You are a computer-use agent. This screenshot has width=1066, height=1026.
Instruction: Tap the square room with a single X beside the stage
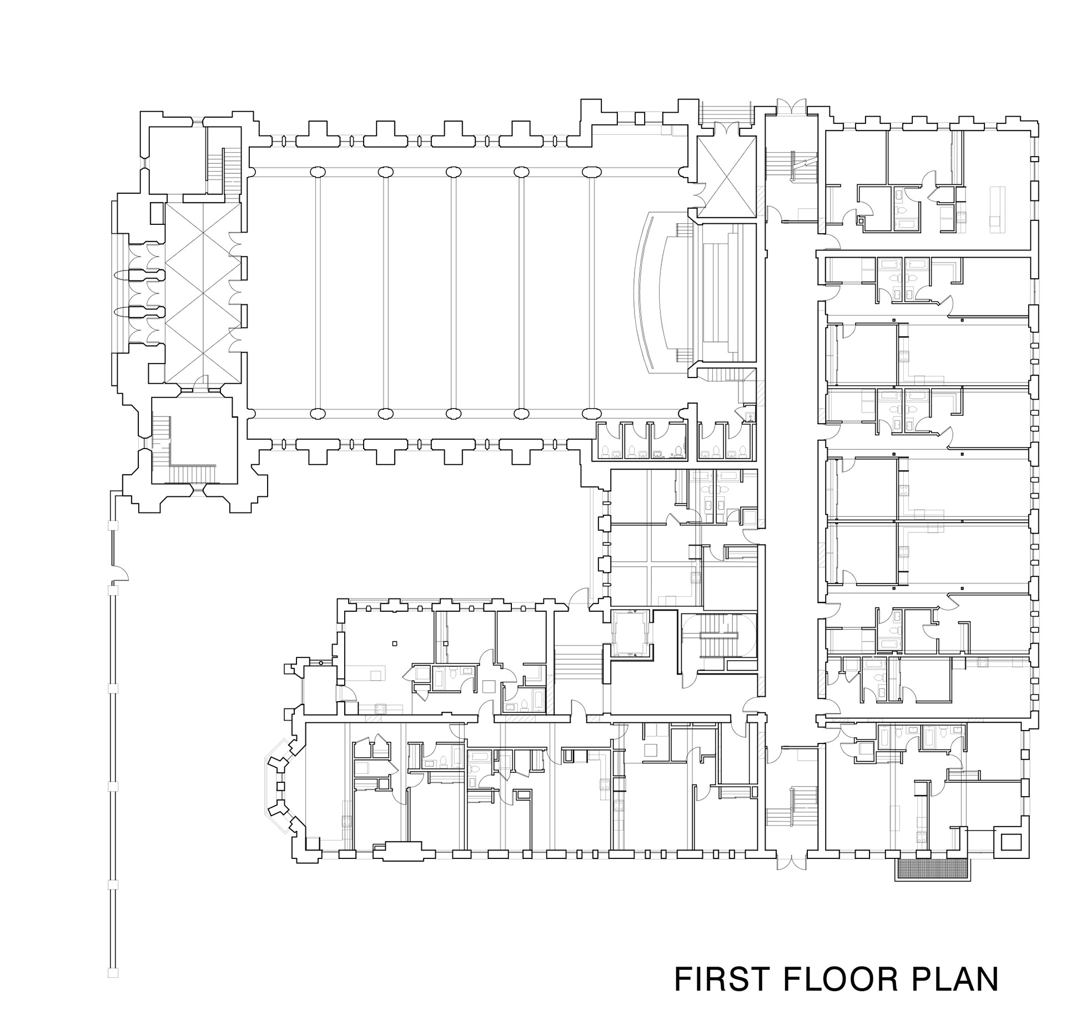coord(726,178)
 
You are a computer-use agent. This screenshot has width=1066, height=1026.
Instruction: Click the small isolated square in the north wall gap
coord(640,118)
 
